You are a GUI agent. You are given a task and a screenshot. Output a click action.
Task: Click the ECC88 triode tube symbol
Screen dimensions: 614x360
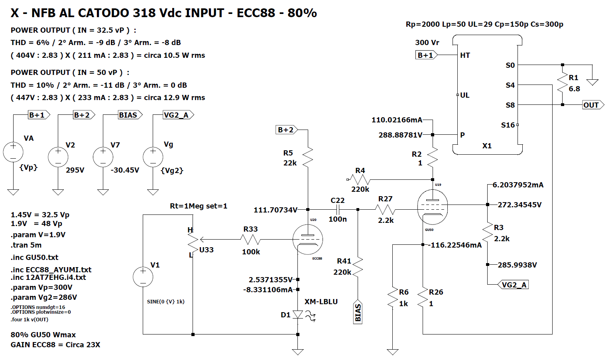pos(307,239)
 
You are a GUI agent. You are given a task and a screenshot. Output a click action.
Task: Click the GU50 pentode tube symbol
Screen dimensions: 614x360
pos(433,207)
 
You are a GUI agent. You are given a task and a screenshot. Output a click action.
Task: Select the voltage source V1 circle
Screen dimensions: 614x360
pos(143,277)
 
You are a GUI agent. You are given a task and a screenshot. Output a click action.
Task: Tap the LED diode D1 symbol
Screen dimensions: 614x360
pos(298,315)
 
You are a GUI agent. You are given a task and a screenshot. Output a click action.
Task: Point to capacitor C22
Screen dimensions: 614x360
pos(338,210)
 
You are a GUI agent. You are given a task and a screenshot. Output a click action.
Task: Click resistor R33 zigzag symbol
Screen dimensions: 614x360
pos(250,240)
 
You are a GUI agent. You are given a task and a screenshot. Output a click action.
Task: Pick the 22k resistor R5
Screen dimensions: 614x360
pos(308,157)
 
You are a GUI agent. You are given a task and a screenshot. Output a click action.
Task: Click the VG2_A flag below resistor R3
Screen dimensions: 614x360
pos(513,285)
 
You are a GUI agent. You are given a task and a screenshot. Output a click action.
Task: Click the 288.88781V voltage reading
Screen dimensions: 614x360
pos(400,135)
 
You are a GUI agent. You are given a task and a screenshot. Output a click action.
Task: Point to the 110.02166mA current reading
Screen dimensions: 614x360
pos(397,120)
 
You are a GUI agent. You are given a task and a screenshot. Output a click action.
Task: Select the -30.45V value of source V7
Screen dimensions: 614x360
pos(125,170)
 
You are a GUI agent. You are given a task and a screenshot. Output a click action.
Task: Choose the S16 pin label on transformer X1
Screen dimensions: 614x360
pos(508,125)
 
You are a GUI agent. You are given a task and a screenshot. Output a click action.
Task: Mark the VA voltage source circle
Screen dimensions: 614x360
pos(13,152)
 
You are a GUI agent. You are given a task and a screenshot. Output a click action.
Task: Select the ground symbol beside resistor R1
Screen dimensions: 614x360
pos(592,82)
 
